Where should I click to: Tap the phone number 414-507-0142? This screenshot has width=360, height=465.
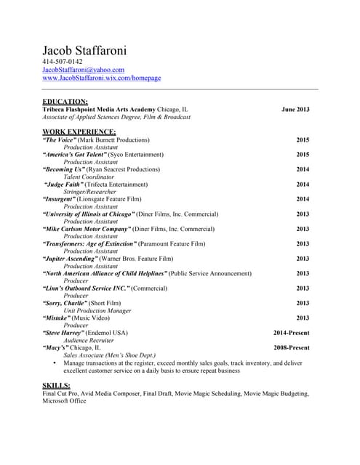click(63, 62)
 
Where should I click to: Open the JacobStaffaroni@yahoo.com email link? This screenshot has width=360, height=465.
click(84, 70)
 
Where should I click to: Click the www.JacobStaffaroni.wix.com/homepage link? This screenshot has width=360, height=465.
click(102, 78)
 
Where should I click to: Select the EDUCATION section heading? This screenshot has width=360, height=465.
click(65, 101)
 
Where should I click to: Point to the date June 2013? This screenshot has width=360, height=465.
click(295, 109)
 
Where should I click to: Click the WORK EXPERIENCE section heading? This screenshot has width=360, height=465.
click(79, 132)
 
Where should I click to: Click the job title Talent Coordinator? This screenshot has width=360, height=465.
click(89, 177)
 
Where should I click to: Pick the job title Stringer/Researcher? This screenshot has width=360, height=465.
click(89, 192)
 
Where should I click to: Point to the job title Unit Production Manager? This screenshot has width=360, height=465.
click(97, 310)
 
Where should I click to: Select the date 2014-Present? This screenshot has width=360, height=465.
click(291, 333)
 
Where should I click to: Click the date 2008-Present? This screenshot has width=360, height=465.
click(291, 347)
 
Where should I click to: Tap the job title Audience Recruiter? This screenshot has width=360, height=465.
click(90, 340)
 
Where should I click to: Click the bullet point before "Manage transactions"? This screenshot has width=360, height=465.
click(55, 363)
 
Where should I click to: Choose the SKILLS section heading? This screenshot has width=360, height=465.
click(56, 384)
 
